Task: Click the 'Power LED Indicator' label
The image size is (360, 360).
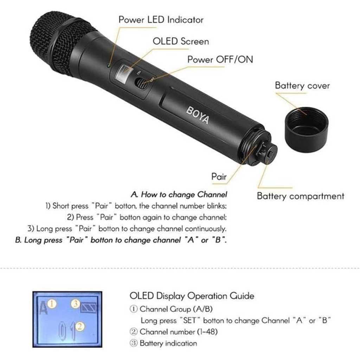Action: pos(161,20)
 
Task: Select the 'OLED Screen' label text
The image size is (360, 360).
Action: pos(181,41)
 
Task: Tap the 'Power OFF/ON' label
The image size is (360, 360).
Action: pos(220,59)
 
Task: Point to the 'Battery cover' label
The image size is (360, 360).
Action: pos(302,86)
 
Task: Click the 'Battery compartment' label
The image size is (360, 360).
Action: pos(301,196)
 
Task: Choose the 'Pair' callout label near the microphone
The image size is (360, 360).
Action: pos(219,176)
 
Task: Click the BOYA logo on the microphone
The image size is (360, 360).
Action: pos(198,115)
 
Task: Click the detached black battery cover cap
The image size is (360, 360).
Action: pos(307,130)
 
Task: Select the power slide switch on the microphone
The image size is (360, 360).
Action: pos(141,83)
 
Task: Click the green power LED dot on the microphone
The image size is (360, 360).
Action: pos(109,66)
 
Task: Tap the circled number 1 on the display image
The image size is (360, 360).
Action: pos(52,304)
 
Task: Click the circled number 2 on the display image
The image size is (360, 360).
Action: pos(80,326)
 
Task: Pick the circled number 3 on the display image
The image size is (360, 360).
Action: pos(75,304)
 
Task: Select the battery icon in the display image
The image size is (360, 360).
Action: pos(89,307)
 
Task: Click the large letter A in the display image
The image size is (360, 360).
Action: pos(43,308)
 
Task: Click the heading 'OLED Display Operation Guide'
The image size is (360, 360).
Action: pos(192,296)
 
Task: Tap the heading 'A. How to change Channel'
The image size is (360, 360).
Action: pos(179,195)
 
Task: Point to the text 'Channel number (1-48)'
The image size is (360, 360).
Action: pos(178,332)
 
